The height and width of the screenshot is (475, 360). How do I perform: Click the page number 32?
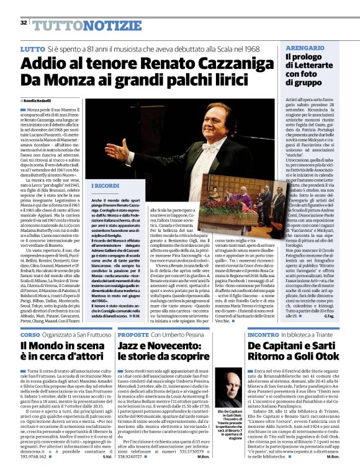coord(23,23)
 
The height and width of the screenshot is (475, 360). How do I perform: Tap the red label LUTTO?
coord(32,48)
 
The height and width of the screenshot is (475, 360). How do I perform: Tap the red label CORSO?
coord(30,333)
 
